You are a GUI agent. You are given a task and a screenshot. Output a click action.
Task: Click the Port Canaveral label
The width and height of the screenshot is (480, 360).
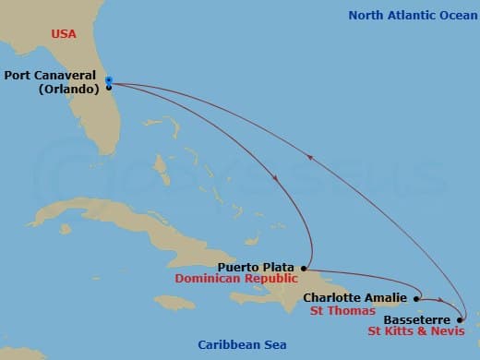[x=54, y=76]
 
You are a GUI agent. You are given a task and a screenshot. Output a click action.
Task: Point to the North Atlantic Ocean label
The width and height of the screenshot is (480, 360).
[x=408, y=15]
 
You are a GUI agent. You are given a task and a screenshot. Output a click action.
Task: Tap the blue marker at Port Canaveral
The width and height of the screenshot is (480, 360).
[x=109, y=79]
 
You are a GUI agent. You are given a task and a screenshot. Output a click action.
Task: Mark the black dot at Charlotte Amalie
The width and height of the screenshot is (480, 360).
[x=417, y=298]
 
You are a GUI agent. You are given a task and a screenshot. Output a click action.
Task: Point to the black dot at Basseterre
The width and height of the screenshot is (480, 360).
[x=460, y=319]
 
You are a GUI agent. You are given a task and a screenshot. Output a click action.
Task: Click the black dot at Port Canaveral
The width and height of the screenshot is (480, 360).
[x=109, y=87]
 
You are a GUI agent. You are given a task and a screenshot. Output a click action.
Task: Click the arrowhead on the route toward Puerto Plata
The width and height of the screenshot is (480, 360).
[x=277, y=178]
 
